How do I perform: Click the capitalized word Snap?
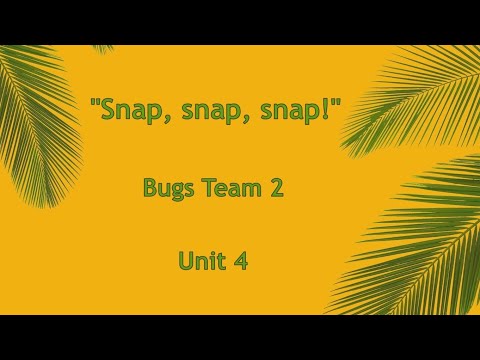point(133,110)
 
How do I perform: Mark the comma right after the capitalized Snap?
point(166,117)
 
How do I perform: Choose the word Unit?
point(202,261)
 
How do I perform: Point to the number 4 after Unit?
point(241,261)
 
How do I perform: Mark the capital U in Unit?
point(185,261)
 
